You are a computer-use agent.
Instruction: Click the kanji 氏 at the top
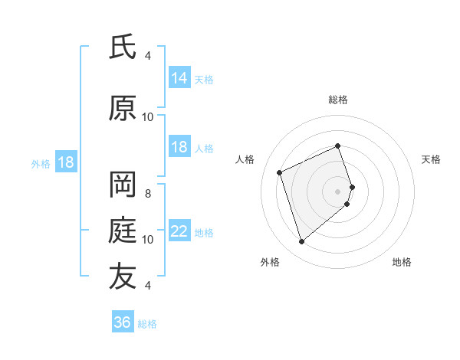pyautogui.click(x=123, y=48)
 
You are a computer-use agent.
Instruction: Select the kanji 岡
pyautogui.click(x=123, y=184)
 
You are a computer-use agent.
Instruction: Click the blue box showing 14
pyautogui.click(x=179, y=78)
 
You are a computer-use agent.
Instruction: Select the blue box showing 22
pyautogui.click(x=179, y=232)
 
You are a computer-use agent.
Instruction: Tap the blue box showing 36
pyautogui.click(x=123, y=322)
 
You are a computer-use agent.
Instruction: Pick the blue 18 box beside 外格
pyautogui.click(x=65, y=163)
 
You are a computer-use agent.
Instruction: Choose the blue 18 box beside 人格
pyautogui.click(x=179, y=148)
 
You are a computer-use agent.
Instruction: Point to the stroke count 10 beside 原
pyautogui.click(x=148, y=116)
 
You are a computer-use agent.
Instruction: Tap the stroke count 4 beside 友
pyautogui.click(x=148, y=285)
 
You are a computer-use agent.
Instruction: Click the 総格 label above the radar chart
pyautogui.click(x=338, y=100)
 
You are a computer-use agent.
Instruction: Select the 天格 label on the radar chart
pyautogui.click(x=432, y=159)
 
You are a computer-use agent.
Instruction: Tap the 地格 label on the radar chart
pyautogui.click(x=402, y=262)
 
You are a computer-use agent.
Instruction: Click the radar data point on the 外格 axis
pyautogui.click(x=301, y=242)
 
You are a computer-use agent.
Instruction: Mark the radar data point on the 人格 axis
pyautogui.click(x=280, y=172)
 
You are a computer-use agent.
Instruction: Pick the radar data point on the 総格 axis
pyautogui.click(x=338, y=146)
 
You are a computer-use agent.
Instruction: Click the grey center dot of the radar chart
pyautogui.click(x=338, y=191)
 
